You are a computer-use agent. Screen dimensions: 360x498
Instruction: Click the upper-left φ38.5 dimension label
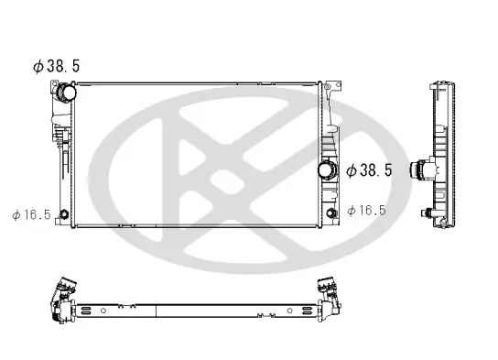58,67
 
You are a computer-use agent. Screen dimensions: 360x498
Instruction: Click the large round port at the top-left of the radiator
67,93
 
